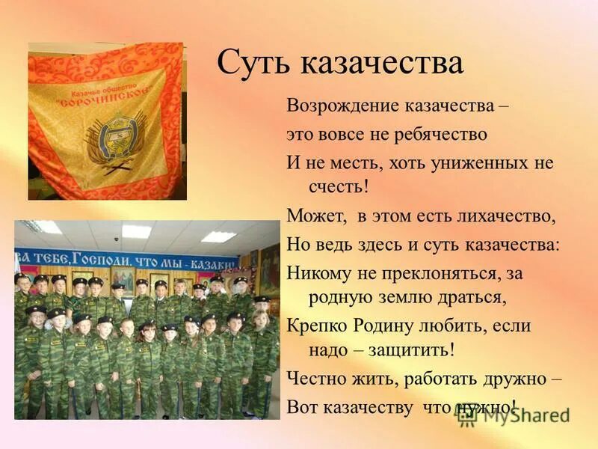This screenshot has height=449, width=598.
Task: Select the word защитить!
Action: [413, 349]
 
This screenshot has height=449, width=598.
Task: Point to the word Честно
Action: [316, 379]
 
